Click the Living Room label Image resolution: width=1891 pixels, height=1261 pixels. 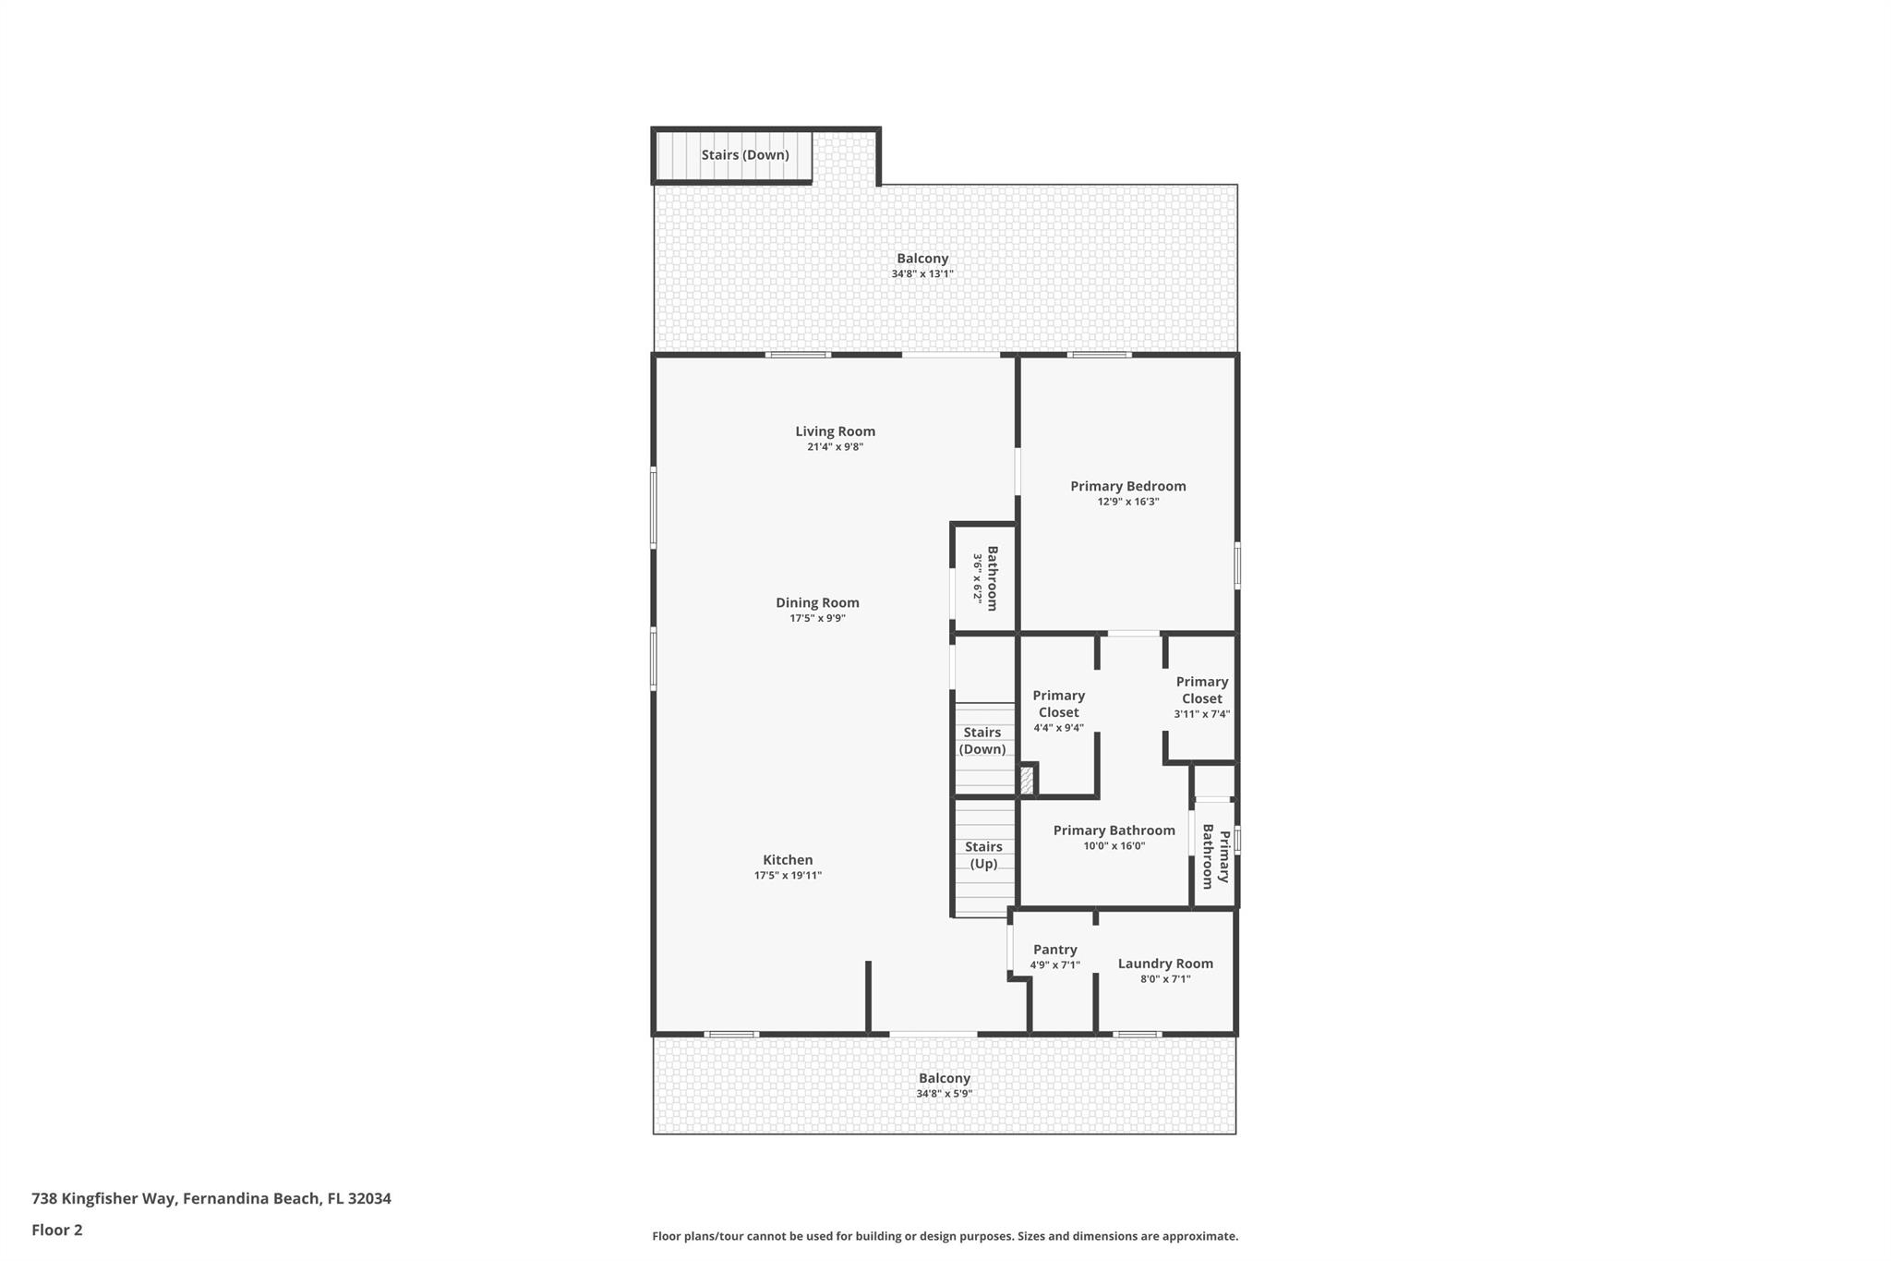(835, 431)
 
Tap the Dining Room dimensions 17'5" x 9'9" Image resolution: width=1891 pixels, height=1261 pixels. (817, 618)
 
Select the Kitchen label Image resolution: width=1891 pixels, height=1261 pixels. (788, 860)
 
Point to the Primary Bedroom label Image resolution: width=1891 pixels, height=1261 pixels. (1128, 486)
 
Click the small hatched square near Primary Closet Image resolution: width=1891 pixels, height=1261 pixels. (1026, 781)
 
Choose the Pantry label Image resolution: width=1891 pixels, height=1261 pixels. (1055, 950)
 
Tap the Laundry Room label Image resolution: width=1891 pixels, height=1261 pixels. (1165, 964)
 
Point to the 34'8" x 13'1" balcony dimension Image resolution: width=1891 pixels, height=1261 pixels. (922, 273)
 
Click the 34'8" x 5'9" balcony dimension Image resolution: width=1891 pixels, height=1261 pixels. (944, 1094)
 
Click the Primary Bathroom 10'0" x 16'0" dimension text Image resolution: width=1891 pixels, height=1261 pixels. (1114, 845)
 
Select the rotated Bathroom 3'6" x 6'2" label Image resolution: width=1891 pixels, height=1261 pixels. (985, 578)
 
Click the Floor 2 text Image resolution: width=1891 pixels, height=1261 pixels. (57, 1230)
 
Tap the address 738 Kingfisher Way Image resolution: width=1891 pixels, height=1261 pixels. (103, 1198)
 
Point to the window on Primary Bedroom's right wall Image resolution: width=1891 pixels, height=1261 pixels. (1237, 565)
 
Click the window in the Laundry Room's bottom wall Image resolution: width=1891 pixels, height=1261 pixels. (1137, 1034)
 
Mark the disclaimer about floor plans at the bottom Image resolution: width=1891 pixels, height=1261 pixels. (945, 1236)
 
